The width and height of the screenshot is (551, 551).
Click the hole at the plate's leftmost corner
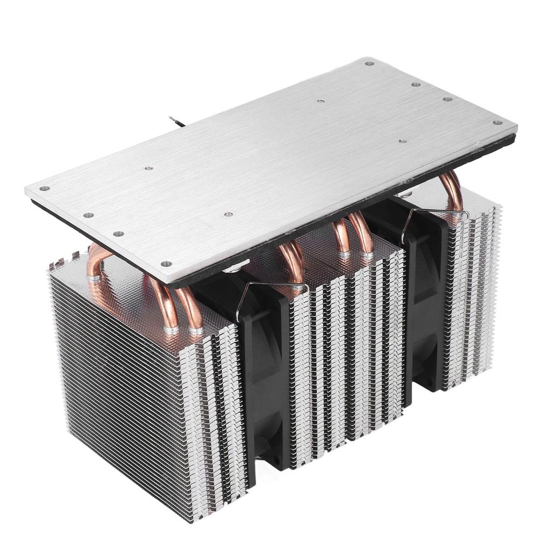[x=45, y=189]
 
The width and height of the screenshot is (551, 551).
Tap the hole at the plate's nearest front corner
[x=166, y=264]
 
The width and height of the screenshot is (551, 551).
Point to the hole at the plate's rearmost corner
[x=369, y=63]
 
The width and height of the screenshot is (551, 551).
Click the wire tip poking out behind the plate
[x=172, y=118]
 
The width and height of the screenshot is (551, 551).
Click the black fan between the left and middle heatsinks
[x=264, y=377]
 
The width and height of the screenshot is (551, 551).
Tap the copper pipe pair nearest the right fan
[x=352, y=234]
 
